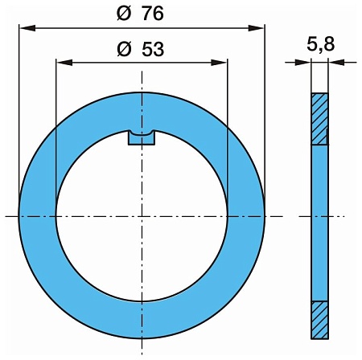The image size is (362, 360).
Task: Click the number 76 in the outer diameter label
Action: click(x=153, y=14)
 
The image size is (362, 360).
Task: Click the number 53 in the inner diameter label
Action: click(x=153, y=49)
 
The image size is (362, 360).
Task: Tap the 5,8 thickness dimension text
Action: click(x=321, y=43)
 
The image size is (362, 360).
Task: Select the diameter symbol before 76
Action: click(x=124, y=14)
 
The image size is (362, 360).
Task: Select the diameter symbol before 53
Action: click(x=125, y=49)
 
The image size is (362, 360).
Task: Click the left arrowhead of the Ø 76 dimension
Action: click(x=27, y=28)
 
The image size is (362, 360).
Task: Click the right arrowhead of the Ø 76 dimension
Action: click(x=257, y=28)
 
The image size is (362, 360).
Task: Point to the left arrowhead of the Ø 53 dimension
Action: click(x=64, y=63)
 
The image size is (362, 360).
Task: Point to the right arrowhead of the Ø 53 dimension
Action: click(x=219, y=63)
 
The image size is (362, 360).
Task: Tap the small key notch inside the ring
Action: click(x=142, y=138)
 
